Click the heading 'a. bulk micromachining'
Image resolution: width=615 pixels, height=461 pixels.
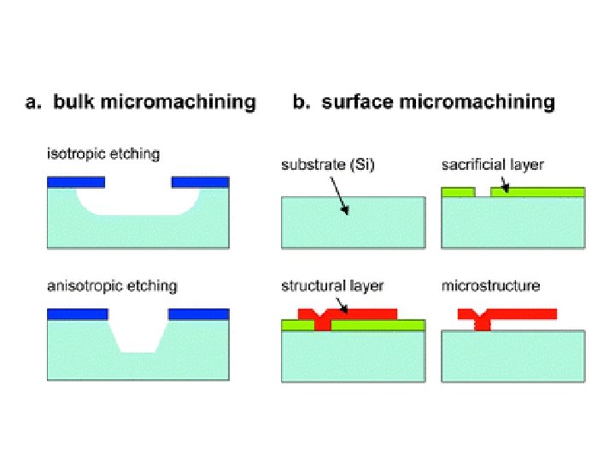point(140,103)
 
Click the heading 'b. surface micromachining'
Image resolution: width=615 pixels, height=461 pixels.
point(424,103)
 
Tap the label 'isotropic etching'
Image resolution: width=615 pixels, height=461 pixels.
point(102,155)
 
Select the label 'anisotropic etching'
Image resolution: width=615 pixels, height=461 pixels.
point(111,286)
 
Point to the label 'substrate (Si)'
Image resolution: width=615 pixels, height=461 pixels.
point(325,165)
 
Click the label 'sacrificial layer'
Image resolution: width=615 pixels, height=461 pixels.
point(492,165)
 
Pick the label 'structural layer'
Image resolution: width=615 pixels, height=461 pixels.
point(332,286)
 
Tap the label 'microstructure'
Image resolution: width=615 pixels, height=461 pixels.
point(490,286)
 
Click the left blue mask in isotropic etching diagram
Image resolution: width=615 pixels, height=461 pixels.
point(76,182)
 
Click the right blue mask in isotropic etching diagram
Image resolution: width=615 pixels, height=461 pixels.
point(200,182)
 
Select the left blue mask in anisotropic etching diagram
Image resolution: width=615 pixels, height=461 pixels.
point(77,314)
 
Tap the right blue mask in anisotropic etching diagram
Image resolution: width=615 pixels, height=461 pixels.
point(199,314)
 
